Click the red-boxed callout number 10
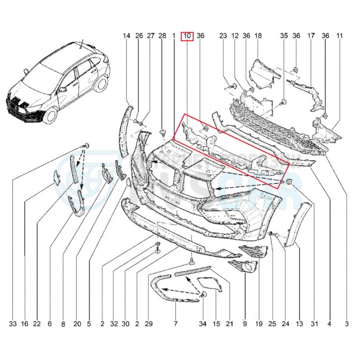(187, 36)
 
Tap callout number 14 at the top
(126, 36)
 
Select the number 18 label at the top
(258, 36)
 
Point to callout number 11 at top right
(340, 36)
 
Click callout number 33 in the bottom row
(13, 324)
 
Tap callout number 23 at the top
(223, 36)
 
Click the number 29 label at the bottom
(149, 324)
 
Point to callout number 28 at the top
(162, 36)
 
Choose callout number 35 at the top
(283, 36)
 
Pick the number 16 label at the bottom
(24, 324)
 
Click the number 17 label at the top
(311, 36)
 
